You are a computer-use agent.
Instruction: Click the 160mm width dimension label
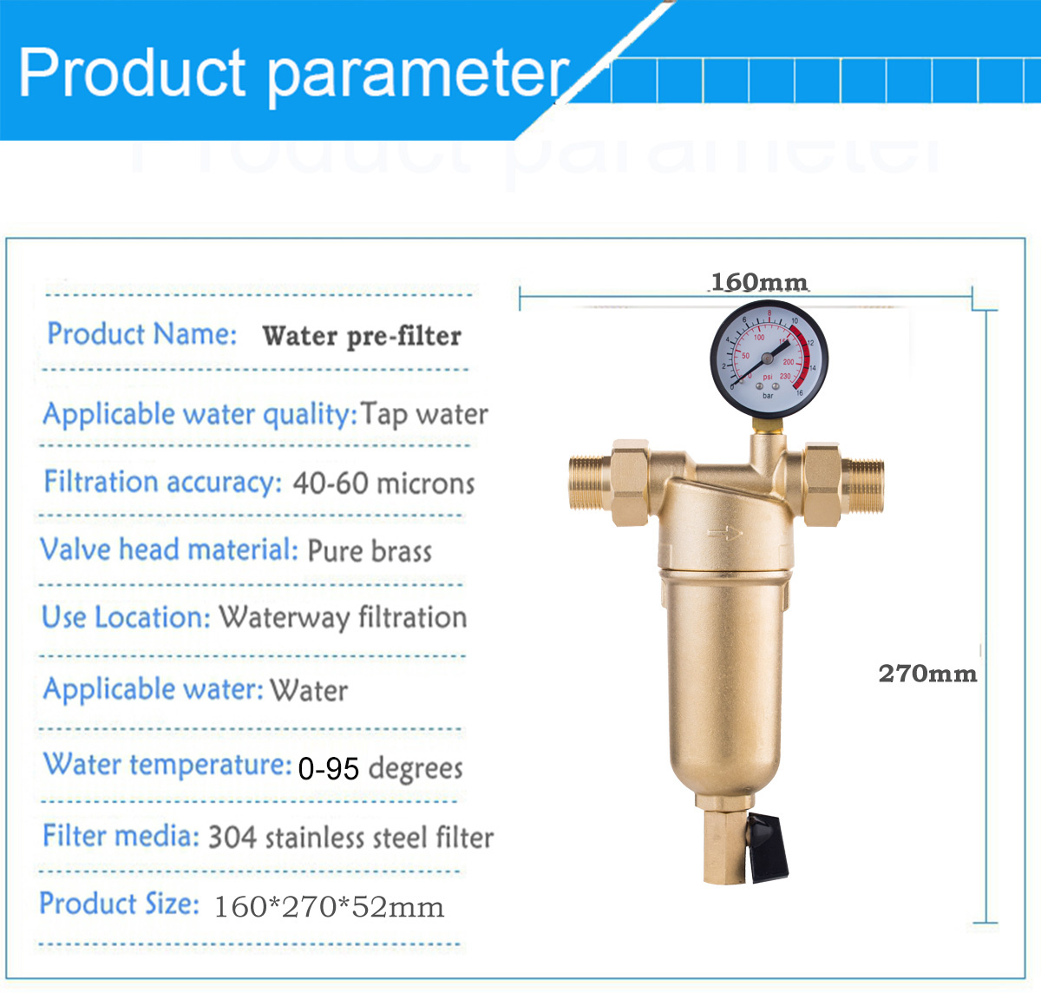click(759, 282)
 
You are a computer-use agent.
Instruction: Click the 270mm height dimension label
click(927, 674)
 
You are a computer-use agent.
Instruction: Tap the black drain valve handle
click(767, 849)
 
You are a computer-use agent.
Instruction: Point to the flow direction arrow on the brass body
click(725, 533)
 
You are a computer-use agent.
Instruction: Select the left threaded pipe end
click(590, 483)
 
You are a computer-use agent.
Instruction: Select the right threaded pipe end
click(863, 486)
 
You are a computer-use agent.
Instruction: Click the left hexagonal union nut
click(630, 483)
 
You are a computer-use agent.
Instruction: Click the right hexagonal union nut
click(822, 485)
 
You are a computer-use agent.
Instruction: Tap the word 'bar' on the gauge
click(768, 395)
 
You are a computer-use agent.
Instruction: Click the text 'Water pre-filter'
click(362, 336)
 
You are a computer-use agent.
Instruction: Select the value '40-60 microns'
click(383, 483)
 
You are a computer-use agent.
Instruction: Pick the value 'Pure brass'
click(370, 551)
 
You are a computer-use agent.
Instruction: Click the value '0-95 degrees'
click(380, 768)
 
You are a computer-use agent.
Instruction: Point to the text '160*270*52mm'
click(329, 906)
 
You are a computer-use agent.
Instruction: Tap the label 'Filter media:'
click(121, 836)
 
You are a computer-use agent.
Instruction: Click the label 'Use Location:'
click(126, 617)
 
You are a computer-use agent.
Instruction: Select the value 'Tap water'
click(424, 414)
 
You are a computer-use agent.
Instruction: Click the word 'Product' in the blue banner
click(132, 72)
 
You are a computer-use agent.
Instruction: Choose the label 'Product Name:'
click(142, 334)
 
